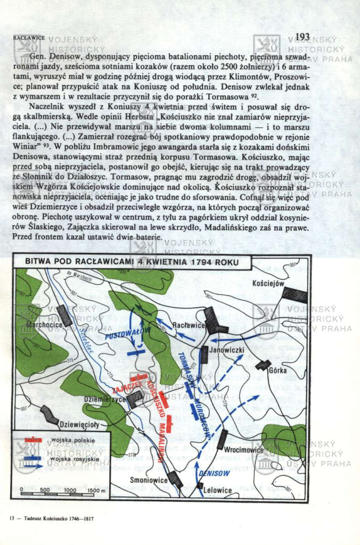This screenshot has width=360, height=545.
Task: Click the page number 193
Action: pyautogui.click(x=301, y=36)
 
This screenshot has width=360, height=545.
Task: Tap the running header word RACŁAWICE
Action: pyautogui.click(x=28, y=38)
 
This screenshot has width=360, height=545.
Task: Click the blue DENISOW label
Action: pyautogui.click(x=214, y=473)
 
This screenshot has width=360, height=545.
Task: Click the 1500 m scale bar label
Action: pyautogui.click(x=95, y=490)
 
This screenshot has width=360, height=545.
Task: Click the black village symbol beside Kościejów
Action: pyautogui.click(x=294, y=295)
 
